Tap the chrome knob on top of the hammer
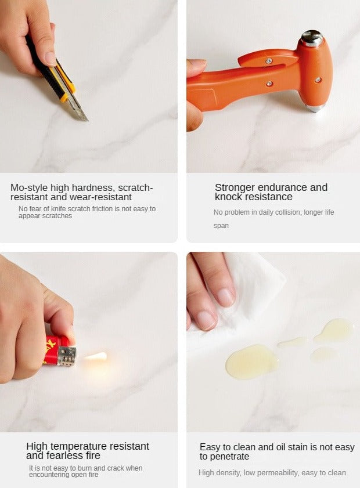coord(311,38)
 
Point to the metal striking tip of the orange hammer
coord(315,108)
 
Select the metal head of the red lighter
coord(67,356)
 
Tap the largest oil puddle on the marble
coord(252,362)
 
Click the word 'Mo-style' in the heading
coord(29,187)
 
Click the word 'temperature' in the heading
coord(79,446)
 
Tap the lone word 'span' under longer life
coord(221,226)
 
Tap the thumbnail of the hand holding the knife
coord(50,58)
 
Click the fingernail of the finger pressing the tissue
coord(225,297)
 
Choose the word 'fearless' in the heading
coord(66,456)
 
